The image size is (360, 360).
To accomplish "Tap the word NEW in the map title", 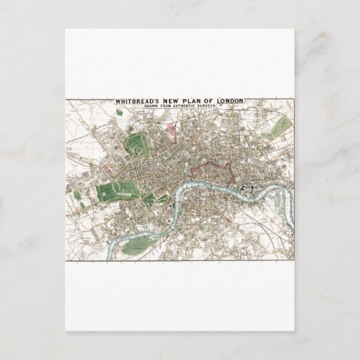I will point(178,102).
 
